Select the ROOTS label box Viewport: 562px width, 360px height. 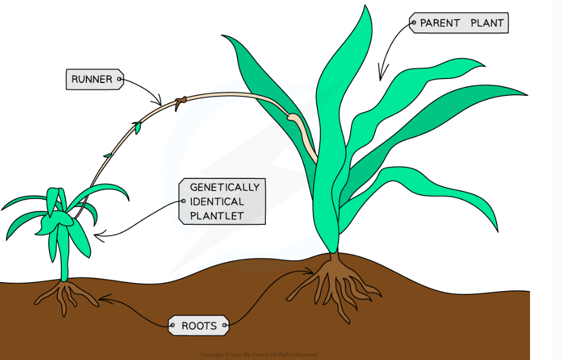click(x=199, y=325)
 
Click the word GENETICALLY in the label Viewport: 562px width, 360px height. click(x=224, y=187)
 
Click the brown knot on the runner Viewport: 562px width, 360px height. click(x=180, y=102)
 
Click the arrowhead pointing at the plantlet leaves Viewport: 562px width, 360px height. click(x=97, y=236)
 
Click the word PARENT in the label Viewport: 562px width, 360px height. click(x=440, y=24)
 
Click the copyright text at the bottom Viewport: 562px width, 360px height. click(x=259, y=354)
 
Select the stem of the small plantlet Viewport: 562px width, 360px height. click(x=65, y=264)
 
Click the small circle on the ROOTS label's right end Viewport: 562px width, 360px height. click(x=225, y=325)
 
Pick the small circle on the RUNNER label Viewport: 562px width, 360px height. click(x=119, y=80)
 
